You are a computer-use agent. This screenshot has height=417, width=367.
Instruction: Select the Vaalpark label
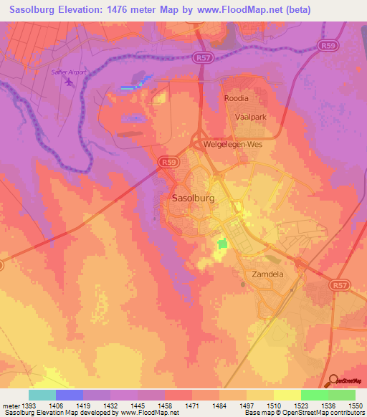[252, 115]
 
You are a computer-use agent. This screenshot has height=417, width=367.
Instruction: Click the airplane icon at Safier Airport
[69, 81]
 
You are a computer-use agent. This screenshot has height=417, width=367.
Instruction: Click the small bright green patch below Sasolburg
[223, 244]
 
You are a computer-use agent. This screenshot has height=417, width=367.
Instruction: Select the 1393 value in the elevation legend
[28, 406]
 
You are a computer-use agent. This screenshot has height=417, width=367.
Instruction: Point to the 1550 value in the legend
[356, 406]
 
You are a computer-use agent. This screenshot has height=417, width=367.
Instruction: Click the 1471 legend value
[191, 406]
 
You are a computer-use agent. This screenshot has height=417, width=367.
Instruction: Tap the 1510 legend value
[274, 406]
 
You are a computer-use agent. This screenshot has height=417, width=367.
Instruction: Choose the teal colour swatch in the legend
[42, 395]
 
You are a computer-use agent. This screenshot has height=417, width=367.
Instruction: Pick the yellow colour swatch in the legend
[287, 395]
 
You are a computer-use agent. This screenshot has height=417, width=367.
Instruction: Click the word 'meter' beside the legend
[9, 406]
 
